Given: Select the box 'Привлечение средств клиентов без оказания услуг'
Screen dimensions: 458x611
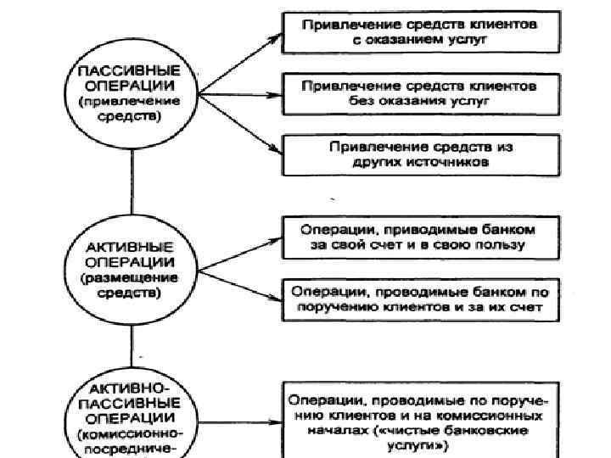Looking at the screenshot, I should click(421, 93).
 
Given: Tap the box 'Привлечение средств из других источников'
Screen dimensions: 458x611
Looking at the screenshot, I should click(421, 154).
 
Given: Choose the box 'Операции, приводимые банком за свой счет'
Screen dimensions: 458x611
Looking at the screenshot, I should click(421, 237).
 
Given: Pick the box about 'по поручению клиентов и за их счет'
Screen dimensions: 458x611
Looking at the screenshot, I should click(421, 298).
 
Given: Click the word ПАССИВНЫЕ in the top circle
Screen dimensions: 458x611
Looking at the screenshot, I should click(131, 71).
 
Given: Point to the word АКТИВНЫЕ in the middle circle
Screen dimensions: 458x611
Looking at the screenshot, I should click(131, 247).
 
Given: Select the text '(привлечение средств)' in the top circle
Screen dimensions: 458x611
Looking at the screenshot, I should click(131, 108).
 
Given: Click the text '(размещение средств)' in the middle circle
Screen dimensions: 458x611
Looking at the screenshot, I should click(131, 284).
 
